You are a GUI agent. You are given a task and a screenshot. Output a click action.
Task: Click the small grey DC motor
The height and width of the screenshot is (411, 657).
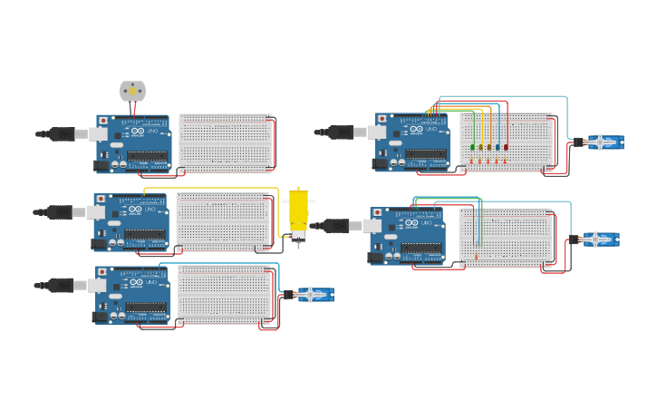132,91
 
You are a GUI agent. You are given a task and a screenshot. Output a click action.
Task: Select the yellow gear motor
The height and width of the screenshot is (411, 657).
298,214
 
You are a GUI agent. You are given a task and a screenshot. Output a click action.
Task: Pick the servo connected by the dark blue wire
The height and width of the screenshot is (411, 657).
314,294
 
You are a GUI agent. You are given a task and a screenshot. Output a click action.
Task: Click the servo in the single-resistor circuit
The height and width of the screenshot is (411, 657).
598,240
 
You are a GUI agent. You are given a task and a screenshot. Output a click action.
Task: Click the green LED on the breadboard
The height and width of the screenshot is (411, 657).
472,147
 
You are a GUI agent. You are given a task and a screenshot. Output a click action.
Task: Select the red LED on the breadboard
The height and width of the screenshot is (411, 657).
506,147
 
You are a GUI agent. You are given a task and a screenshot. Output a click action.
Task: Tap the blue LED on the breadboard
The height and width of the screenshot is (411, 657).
498,147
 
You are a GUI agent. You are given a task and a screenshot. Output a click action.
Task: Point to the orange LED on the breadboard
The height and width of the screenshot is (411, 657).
489,147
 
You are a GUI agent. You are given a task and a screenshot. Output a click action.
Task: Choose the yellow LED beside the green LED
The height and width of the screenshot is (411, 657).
480,147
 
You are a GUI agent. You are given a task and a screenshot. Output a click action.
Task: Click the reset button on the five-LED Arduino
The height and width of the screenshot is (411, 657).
382,119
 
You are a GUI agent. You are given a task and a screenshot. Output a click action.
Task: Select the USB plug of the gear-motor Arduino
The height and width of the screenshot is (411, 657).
60,212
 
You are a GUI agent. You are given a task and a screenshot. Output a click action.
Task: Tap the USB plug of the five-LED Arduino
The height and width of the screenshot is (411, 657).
341,132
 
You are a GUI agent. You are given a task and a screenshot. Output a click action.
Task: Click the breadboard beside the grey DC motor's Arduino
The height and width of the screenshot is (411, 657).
226,143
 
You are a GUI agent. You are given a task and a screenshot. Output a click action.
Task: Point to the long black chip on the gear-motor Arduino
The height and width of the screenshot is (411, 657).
145,234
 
